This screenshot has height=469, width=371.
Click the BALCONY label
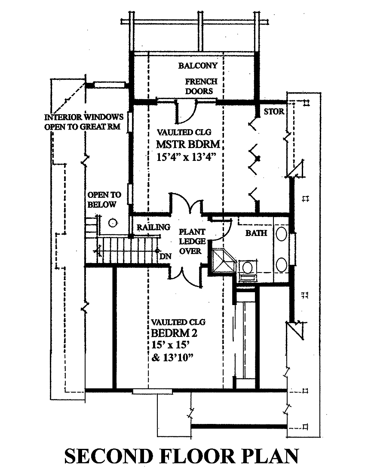pyautogui.click(x=198, y=66)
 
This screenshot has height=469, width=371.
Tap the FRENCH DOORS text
pyautogui.click(x=199, y=86)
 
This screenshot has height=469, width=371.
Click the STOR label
pyautogui.click(x=273, y=112)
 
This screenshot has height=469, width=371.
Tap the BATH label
pyautogui.click(x=256, y=233)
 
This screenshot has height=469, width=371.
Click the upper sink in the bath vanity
pyautogui.click(x=282, y=234)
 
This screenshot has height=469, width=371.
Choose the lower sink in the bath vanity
pyautogui.click(x=282, y=264)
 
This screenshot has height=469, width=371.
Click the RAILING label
pyautogui.click(x=153, y=227)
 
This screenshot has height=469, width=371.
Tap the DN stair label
pyautogui.click(x=164, y=257)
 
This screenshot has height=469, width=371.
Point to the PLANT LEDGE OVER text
pyautogui.click(x=190, y=241)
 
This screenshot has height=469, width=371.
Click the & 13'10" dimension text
pyautogui.click(x=175, y=356)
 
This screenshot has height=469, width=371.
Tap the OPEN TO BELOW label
pyautogui.click(x=104, y=200)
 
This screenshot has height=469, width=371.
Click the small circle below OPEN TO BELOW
pyautogui.click(x=113, y=223)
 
